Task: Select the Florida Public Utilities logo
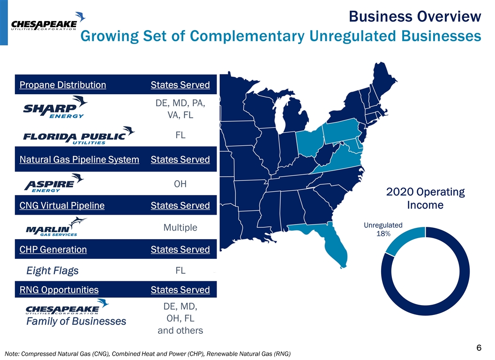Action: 79,135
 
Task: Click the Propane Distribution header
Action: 63,85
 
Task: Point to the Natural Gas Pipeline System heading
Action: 79,160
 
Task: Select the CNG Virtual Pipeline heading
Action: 62,206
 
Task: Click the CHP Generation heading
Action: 53,249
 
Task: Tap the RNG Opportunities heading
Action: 59,290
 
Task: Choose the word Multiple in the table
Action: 180,228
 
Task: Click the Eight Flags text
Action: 52,271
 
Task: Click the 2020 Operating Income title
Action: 425,199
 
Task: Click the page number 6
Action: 479,347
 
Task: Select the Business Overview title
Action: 415,17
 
